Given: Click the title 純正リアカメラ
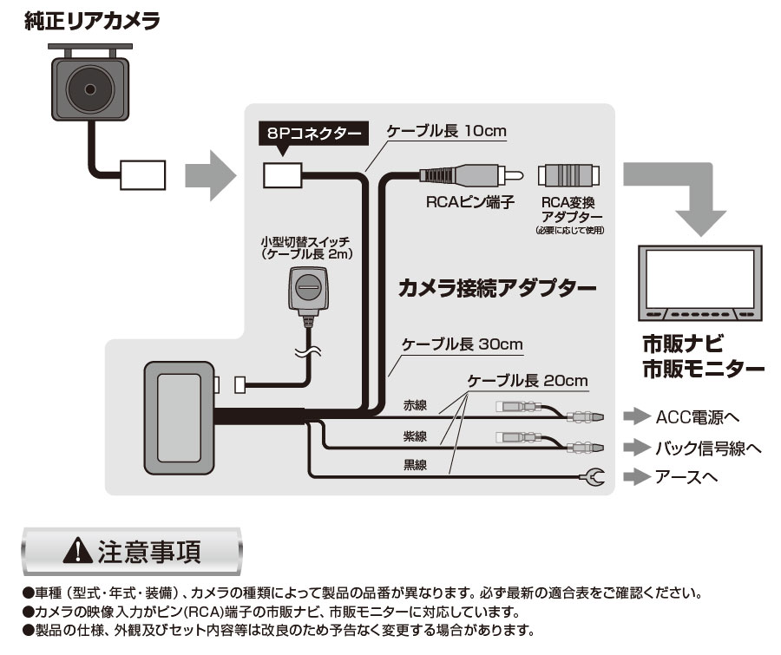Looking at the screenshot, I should [x=92, y=21].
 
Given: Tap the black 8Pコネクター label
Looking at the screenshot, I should [x=313, y=134].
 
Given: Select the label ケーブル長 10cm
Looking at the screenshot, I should [x=446, y=132].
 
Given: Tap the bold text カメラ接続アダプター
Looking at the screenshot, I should [x=497, y=287].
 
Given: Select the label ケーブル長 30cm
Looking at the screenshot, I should [x=462, y=344].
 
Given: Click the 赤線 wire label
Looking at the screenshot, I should [x=414, y=405].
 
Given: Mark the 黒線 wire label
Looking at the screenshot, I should [x=414, y=465].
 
